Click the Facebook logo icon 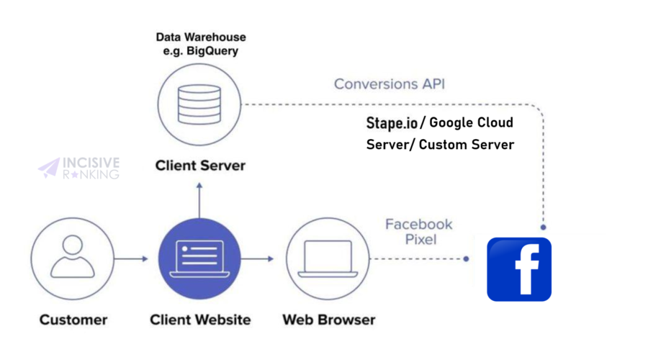pyautogui.click(x=519, y=269)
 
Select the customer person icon pyautogui.click(x=73, y=258)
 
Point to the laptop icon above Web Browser pyautogui.click(x=328, y=258)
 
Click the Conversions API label pyautogui.click(x=390, y=84)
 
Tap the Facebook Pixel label pyautogui.click(x=418, y=231)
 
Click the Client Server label pyautogui.click(x=200, y=166)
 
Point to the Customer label pyautogui.click(x=73, y=319)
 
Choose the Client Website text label pyautogui.click(x=200, y=319)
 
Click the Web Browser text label pyautogui.click(x=328, y=319)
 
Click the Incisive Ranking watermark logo pyautogui.click(x=79, y=168)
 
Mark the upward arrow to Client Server pyautogui.click(x=200, y=198)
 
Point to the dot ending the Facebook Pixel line pyautogui.click(x=467, y=258)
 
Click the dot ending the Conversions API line pyautogui.click(x=543, y=227)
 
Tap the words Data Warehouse pyautogui.click(x=201, y=37)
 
